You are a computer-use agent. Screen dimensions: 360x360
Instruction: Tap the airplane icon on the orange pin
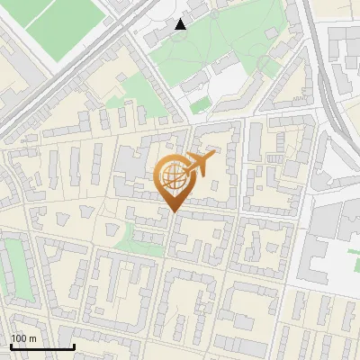[x=198, y=164]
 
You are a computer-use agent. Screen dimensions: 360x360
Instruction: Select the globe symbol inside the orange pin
[x=174, y=177]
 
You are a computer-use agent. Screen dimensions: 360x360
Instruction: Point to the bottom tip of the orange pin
[x=175, y=212]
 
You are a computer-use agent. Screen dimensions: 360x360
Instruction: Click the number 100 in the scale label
[x=19, y=338]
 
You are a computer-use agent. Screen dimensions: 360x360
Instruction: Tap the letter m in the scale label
[x=32, y=338]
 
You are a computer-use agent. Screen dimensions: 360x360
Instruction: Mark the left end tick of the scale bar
[x=10, y=346]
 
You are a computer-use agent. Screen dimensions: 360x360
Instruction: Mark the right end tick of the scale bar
[x=74, y=346]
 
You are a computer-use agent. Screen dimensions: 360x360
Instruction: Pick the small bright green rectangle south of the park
[x=200, y=104]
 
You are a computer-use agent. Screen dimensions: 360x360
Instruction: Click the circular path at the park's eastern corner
[x=268, y=65]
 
